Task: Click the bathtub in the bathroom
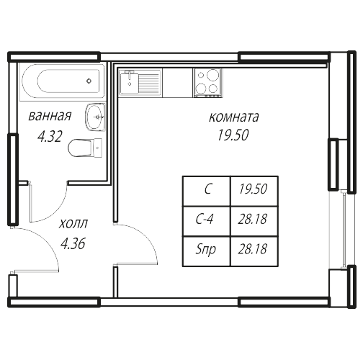coord(62,81)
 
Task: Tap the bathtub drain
coord(89,81)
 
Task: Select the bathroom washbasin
coord(95,117)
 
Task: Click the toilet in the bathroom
coord(85,148)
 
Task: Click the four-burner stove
coord(208,83)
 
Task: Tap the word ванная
coord(50,116)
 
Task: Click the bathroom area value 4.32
coord(50,136)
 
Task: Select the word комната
coord(234,117)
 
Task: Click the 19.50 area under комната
coord(233,135)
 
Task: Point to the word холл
coord(73,224)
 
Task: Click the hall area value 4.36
coord(73,244)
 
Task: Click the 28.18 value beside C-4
coord(253,219)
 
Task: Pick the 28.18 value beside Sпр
coord(253,249)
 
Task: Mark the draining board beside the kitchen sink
coord(149,83)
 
